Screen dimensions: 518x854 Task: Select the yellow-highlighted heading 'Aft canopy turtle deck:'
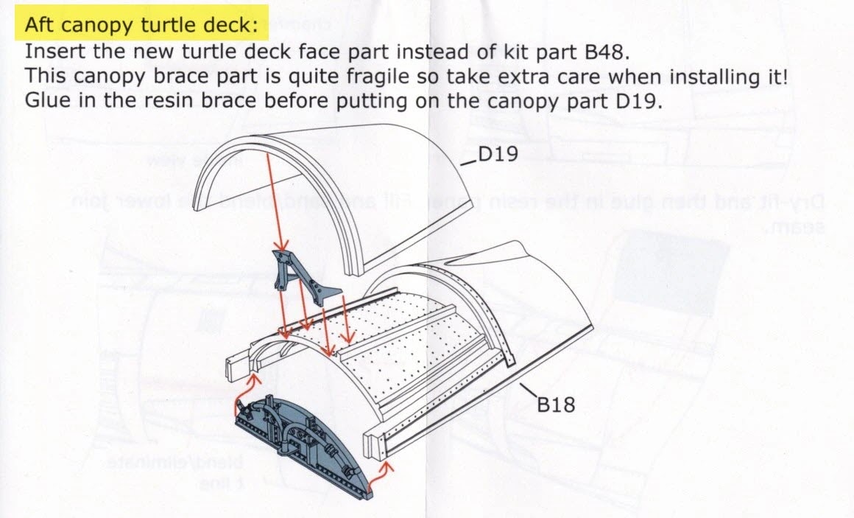coord(142,25)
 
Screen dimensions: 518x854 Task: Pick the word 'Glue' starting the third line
coord(46,100)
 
